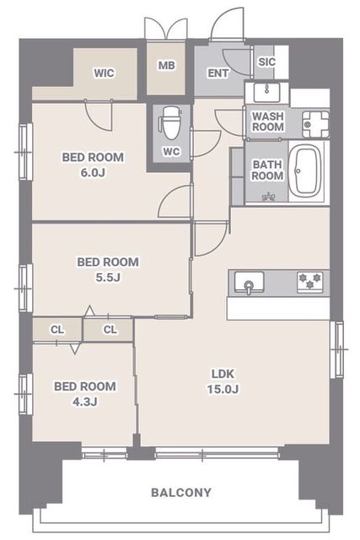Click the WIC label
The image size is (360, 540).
point(104,73)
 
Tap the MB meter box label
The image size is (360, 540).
point(167,66)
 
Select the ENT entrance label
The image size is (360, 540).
point(218,73)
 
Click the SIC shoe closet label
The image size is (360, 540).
point(266,62)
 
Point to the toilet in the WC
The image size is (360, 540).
point(169,122)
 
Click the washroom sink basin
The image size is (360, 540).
point(266,92)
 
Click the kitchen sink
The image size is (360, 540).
point(250,283)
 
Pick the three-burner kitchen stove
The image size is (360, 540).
point(310,282)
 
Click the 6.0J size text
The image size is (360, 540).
point(93,172)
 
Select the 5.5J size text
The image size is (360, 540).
point(108,278)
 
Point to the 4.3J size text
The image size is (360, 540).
point(84,402)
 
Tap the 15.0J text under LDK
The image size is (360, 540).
point(223,389)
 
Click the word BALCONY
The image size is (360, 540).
point(181,493)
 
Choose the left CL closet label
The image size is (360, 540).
point(57,330)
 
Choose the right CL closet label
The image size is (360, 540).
point(110,330)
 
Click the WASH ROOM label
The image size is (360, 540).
point(268,121)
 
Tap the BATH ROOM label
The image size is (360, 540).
point(267,170)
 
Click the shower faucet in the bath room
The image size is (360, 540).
point(267,197)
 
